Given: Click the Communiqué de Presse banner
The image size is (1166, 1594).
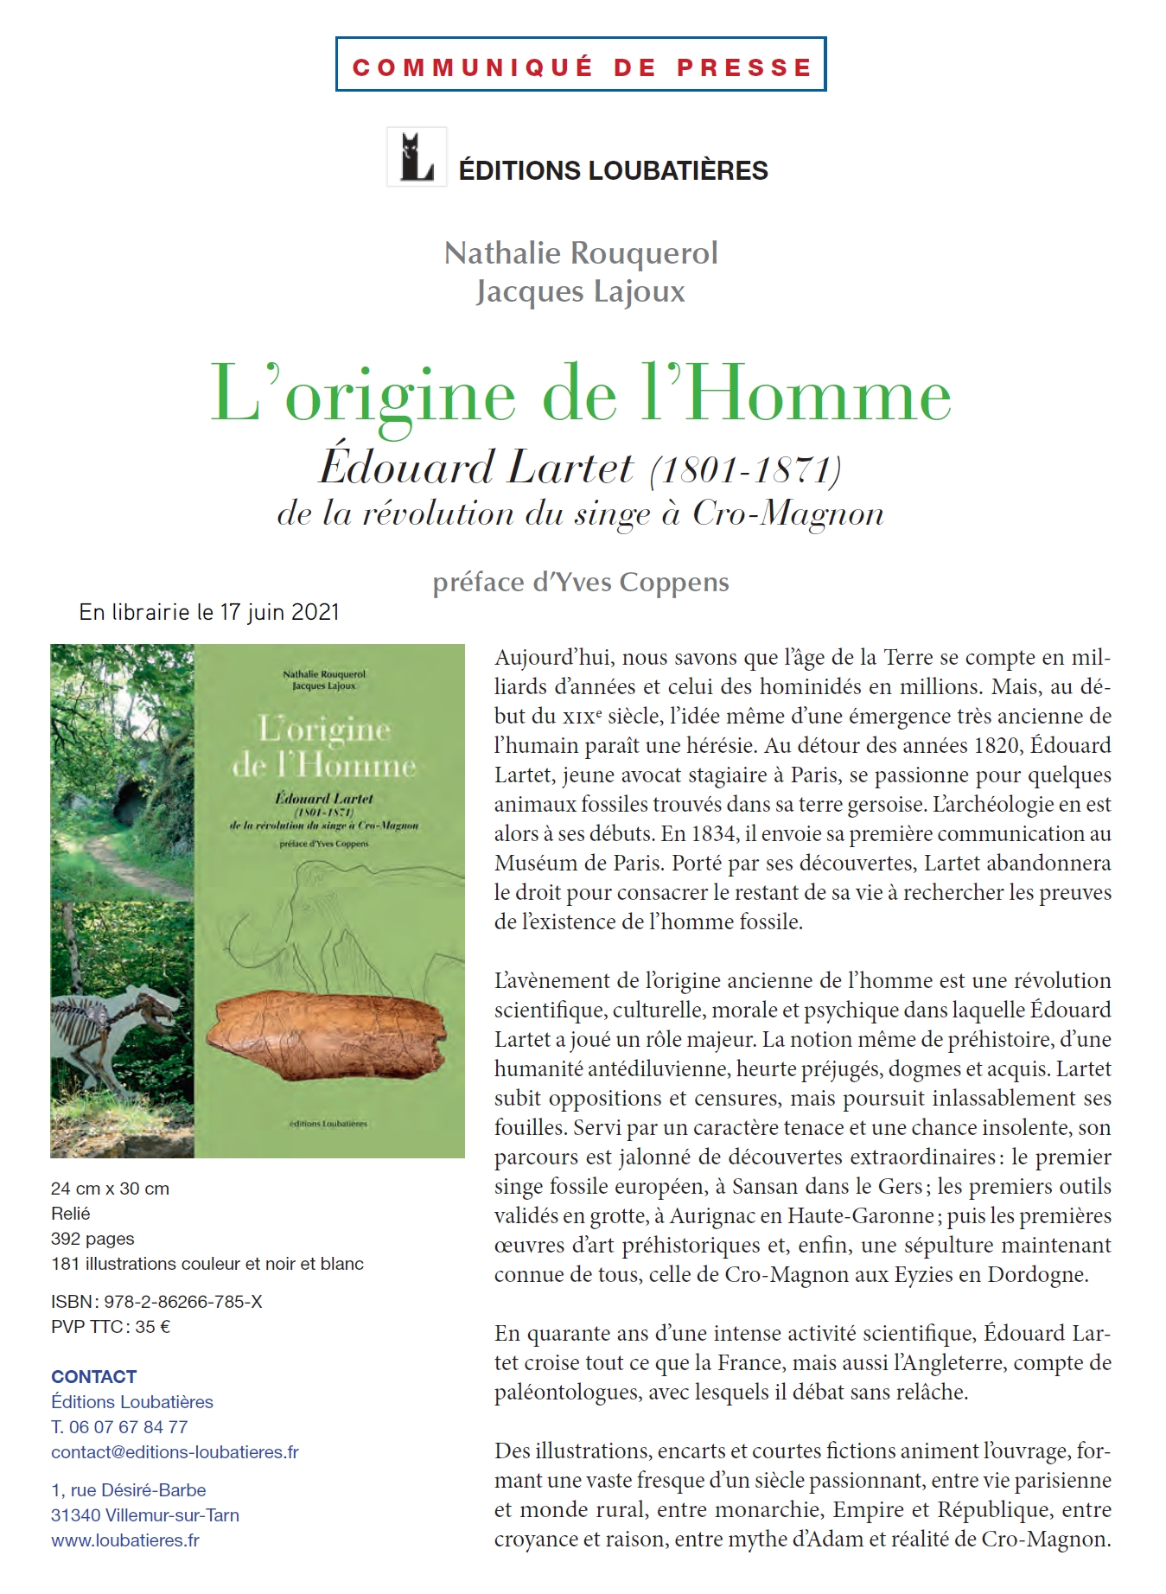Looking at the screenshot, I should [x=581, y=65].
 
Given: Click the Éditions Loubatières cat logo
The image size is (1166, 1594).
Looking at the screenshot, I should [x=417, y=157].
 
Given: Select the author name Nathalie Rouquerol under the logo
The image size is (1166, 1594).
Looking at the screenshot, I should [x=581, y=253].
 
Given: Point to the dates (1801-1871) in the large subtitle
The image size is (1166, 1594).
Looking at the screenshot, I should [x=745, y=470].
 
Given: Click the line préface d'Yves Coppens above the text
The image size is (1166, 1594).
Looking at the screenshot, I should [x=581, y=583].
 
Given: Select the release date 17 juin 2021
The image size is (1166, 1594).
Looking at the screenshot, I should [x=279, y=613].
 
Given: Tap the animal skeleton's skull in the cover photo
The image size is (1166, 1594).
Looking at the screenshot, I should [x=156, y=1008].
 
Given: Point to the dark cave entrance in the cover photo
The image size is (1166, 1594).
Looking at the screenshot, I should [x=131, y=805].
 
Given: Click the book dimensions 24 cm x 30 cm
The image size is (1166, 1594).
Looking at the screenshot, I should [x=110, y=1189].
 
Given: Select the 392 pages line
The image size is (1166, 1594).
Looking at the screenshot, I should [x=92, y=1239].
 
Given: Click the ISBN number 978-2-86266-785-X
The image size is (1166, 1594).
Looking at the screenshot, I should [x=182, y=1302].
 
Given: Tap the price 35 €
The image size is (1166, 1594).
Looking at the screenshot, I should [x=152, y=1327].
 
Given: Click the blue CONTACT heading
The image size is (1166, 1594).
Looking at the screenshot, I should [x=93, y=1377].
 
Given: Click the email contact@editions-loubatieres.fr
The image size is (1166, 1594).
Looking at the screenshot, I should [x=175, y=1452].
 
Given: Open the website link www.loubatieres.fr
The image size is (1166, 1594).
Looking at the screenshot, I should [x=125, y=1540].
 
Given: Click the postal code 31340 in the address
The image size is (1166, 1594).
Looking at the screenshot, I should [x=76, y=1515].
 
